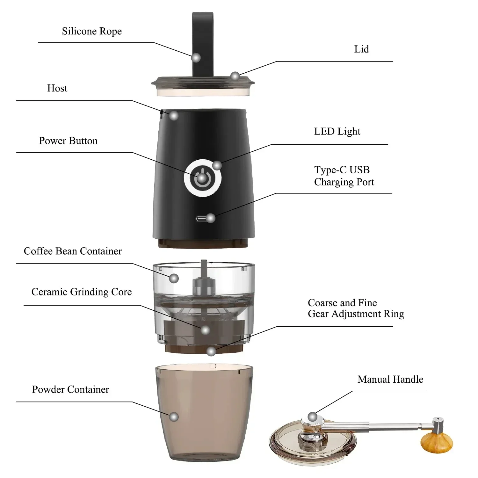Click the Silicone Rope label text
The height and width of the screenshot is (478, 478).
[92, 31]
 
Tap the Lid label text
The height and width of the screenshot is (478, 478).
[361, 49]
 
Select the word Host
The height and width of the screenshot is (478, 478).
[57, 88]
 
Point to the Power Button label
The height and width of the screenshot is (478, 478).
[68, 141]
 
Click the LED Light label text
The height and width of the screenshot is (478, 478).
[337, 132]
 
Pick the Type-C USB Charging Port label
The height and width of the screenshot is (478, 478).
[344, 176]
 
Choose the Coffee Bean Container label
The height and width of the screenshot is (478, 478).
[73, 251]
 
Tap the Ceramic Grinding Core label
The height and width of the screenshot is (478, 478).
[82, 292]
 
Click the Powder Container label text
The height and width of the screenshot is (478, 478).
[70, 389]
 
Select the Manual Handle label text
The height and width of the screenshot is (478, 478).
[390, 379]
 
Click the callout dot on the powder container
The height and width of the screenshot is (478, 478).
[174, 417]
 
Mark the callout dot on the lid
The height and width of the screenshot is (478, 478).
[235, 76]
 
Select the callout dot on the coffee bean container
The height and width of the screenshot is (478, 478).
[174, 278]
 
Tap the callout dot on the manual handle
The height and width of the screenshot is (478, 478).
[313, 416]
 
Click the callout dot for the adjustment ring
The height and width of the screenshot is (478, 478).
[211, 351]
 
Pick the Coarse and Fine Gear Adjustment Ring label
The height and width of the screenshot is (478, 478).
[356, 308]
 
